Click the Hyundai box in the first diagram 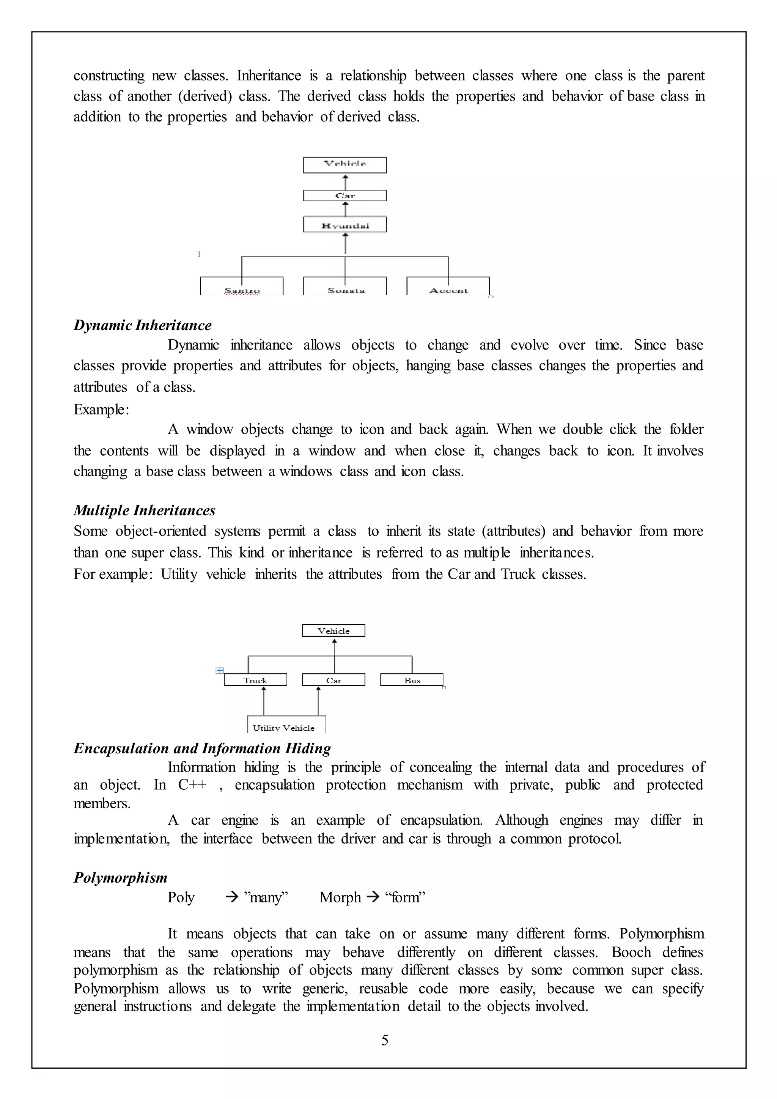tap(345, 225)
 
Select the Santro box tap(242, 287)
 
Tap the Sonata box tap(345, 287)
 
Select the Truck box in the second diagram tap(255, 680)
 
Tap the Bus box tap(412, 680)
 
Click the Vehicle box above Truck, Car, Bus tap(333, 631)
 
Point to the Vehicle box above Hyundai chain tap(345, 165)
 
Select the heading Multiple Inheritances tap(145, 511)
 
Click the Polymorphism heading tap(121, 878)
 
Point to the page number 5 tap(385, 1040)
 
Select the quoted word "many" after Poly tap(266, 897)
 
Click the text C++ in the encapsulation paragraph tap(192, 786)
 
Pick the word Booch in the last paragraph tap(631, 953)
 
